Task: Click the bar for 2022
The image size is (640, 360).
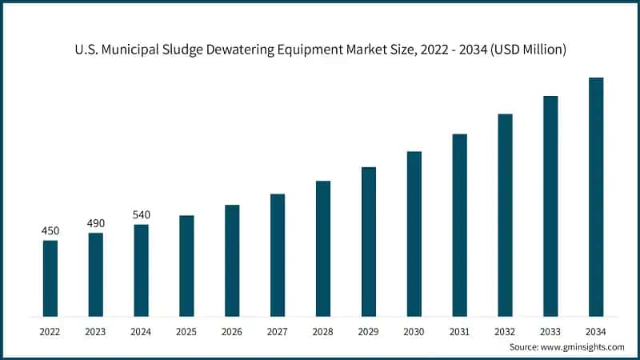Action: [50, 278]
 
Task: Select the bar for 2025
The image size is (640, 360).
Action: [186, 265]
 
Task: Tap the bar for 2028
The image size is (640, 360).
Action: [323, 248]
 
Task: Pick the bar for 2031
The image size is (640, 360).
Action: [459, 224]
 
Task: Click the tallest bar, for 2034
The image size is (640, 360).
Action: [596, 196]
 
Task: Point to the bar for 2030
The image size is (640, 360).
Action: [414, 233]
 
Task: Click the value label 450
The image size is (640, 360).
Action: [50, 231]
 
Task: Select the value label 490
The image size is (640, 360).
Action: [96, 223]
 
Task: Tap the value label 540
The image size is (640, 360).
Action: [141, 214]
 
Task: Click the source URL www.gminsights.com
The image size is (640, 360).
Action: [583, 346]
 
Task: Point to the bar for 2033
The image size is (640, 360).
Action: [550, 206]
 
